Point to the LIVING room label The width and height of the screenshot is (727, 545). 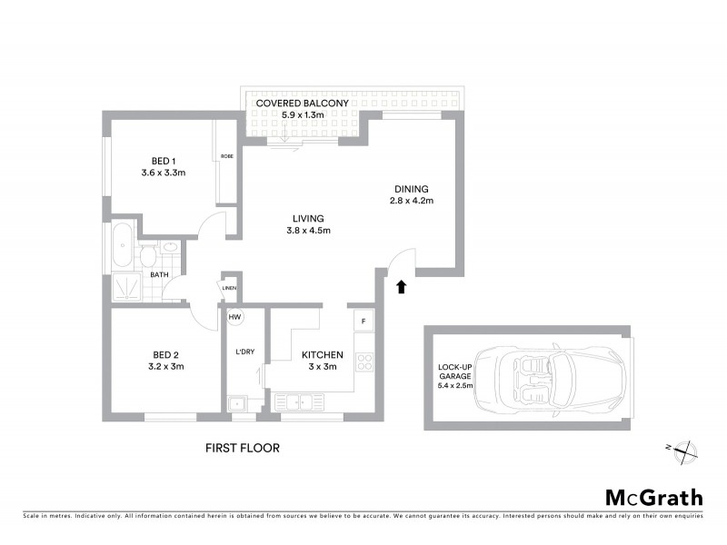click(x=309, y=218)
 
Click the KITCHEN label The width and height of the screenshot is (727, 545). click(x=323, y=354)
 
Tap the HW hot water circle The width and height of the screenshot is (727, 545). click(x=234, y=317)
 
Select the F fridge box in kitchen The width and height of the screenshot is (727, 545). click(x=363, y=321)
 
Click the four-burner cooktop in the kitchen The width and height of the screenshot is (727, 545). click(x=364, y=362)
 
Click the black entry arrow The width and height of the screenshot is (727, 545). click(x=402, y=287)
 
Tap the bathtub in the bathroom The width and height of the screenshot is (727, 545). click(x=123, y=245)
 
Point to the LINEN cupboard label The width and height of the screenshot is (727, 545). click(x=229, y=289)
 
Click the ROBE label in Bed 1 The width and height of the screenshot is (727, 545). click(x=226, y=157)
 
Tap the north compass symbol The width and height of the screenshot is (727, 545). click(x=683, y=449)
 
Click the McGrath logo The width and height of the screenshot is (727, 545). click(x=654, y=497)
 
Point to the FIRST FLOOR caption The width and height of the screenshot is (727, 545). click(x=242, y=448)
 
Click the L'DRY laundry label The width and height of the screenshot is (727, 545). click(x=243, y=352)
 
